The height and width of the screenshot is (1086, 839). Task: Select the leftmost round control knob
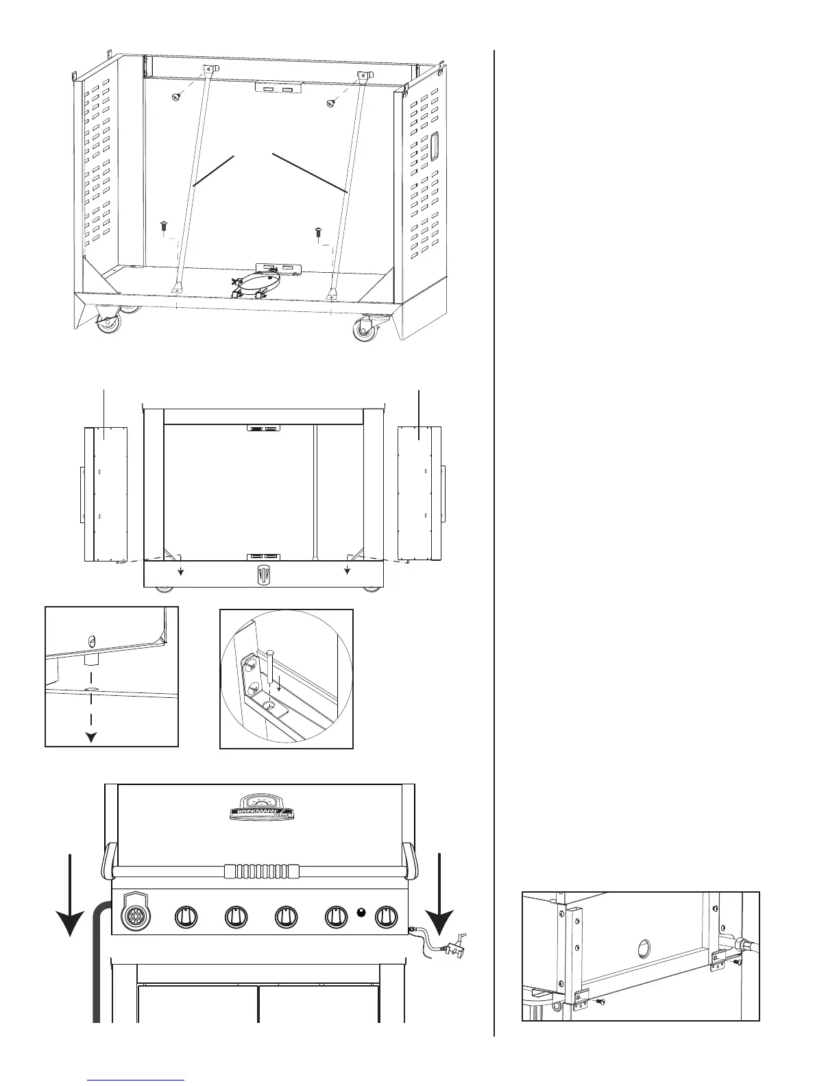[186, 916]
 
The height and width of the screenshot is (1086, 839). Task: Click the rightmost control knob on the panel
[387, 916]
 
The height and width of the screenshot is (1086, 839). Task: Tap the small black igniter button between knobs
[362, 912]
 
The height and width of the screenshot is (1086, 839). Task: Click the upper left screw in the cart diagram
[176, 98]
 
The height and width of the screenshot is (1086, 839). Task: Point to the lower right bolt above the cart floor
[318, 233]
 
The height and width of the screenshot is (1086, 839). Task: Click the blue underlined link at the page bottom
[137, 1081]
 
